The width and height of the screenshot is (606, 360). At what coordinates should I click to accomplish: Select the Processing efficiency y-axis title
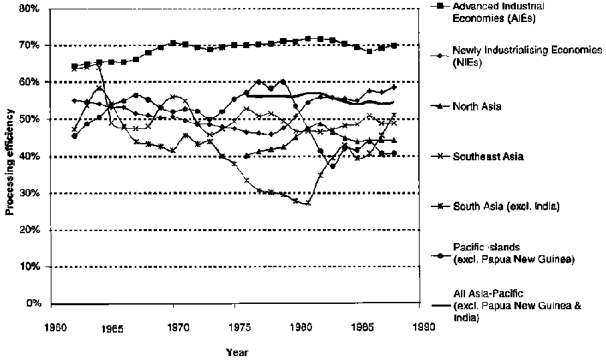coord(10,156)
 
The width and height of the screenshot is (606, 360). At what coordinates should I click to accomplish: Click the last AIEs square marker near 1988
coord(394,45)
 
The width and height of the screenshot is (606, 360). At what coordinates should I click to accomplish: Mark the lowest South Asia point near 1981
coord(308,203)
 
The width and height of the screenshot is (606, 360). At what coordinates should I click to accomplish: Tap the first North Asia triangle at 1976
coord(247,156)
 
